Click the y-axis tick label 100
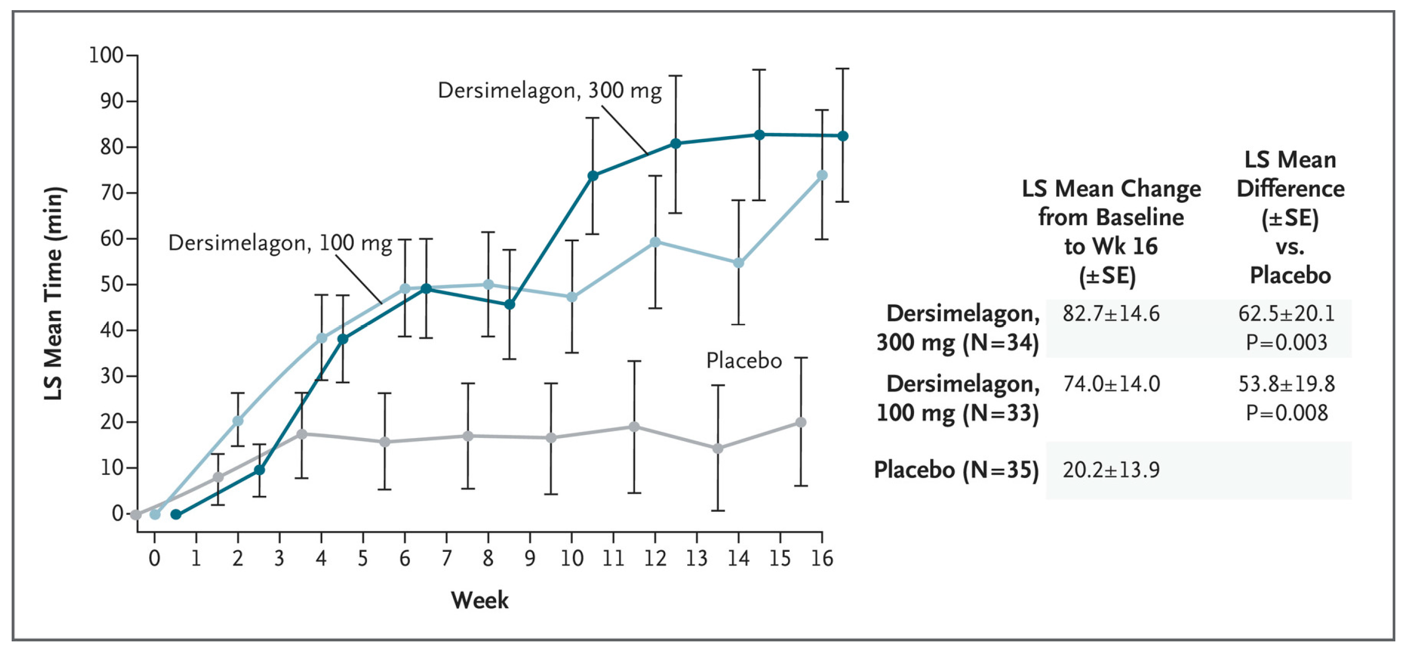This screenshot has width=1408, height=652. tap(106, 55)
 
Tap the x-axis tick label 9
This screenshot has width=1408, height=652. tap(529, 558)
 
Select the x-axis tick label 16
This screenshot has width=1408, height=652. tap(821, 558)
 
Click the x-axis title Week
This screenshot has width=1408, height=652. tap(479, 600)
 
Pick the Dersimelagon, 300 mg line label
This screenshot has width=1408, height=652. tap(549, 91)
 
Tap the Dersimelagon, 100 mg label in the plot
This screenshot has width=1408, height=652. tap(280, 243)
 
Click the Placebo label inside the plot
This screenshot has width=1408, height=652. tap(743, 361)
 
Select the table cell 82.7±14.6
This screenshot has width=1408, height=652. tap(1110, 314)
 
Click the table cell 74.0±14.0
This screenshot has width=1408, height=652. tap(1110, 384)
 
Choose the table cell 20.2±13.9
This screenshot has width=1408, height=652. tap(1110, 469)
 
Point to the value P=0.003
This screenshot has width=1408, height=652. tap(1286, 342)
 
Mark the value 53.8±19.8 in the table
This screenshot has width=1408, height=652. tap(1286, 384)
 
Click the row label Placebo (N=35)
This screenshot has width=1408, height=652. tap(956, 469)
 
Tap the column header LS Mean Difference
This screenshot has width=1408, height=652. tap(1290, 188)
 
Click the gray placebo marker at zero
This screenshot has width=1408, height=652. tap(136, 514)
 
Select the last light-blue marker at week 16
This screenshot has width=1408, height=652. tap(821, 176)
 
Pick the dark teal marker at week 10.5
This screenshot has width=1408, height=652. tap(593, 176)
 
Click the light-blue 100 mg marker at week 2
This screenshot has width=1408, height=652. tap(238, 420)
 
